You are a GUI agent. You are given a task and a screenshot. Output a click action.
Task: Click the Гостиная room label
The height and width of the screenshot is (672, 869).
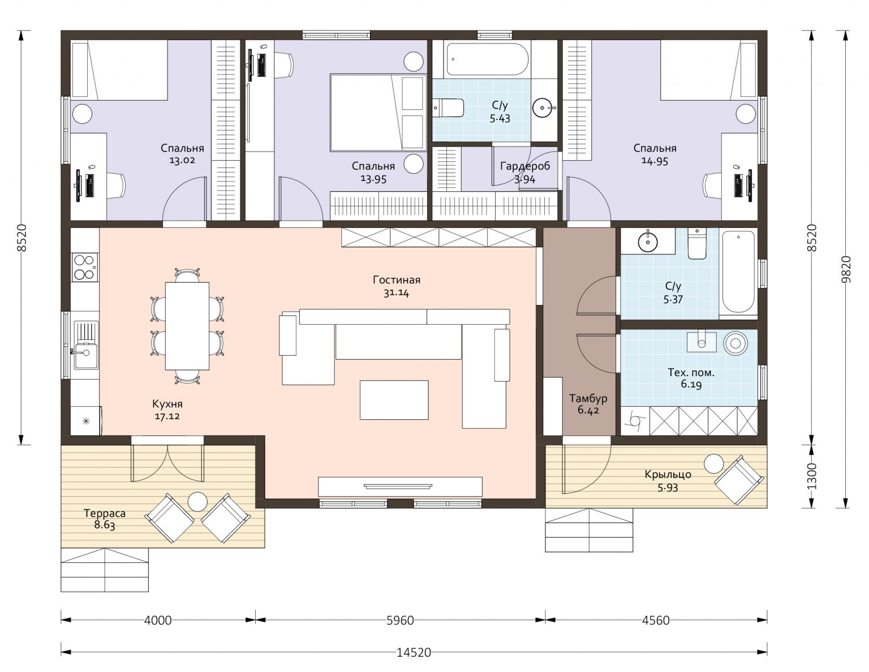(x=396, y=280)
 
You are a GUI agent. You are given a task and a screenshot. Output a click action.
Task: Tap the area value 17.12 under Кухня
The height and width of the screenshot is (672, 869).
(x=167, y=416)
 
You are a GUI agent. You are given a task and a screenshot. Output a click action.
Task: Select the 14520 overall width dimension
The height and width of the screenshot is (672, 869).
(x=414, y=652)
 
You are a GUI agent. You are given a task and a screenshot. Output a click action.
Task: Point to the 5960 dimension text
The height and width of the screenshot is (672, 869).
(x=400, y=620)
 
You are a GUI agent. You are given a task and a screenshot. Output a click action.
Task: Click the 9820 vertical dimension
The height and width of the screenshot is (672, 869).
(x=846, y=269)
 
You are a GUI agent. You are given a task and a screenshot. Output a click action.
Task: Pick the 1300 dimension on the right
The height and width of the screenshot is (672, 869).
(x=811, y=476)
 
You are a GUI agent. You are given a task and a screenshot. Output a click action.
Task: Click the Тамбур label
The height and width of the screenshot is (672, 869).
(x=588, y=398)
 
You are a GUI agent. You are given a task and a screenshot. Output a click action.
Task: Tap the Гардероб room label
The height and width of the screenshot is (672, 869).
(x=524, y=166)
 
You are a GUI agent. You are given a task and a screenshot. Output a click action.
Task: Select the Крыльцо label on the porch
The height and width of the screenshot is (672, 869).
(x=668, y=475)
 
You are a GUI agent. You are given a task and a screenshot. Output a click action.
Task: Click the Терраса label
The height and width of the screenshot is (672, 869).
(x=104, y=513)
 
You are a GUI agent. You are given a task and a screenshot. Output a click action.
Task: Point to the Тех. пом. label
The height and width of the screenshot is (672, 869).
(x=691, y=373)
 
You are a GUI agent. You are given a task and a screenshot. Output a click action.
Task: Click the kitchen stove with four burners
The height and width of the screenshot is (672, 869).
(x=85, y=266)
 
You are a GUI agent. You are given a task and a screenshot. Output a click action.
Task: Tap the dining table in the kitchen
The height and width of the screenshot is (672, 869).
(x=187, y=326)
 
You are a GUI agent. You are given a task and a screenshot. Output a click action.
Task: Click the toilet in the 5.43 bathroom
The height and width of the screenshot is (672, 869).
(x=448, y=107)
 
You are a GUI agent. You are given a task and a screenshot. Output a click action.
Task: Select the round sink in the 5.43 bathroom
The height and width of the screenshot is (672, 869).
(x=542, y=107)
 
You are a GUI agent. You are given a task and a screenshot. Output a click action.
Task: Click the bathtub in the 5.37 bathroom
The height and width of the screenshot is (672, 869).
(x=738, y=272)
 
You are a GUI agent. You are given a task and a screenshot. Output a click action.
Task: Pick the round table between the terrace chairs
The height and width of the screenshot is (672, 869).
(x=197, y=501)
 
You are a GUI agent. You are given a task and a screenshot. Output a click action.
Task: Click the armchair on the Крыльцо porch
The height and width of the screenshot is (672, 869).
(x=739, y=480)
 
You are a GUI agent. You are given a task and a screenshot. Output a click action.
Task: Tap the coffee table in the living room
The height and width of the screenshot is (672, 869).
(x=394, y=400)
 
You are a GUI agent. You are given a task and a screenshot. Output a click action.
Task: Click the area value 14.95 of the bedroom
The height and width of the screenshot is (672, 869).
(x=655, y=161)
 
